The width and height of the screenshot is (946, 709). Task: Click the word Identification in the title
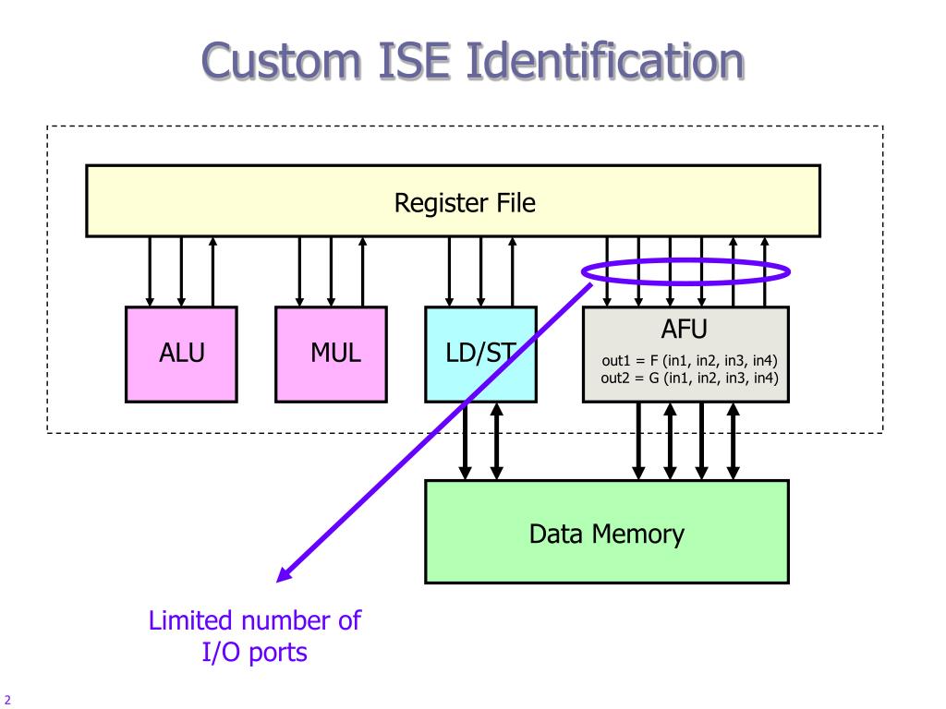pyautogui.click(x=606, y=61)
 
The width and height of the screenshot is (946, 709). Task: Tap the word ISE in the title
pyautogui.click(x=418, y=61)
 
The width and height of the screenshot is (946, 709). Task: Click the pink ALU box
pyautogui.click(x=181, y=354)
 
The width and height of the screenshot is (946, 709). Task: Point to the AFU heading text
pyautogui.click(x=685, y=328)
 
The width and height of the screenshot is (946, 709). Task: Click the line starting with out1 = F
pyautogui.click(x=689, y=362)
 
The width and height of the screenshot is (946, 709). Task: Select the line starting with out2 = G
pyautogui.click(x=689, y=378)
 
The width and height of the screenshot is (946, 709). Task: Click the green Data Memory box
pyautogui.click(x=606, y=533)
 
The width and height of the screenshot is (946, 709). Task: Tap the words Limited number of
pyautogui.click(x=254, y=620)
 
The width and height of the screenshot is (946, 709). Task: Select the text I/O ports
pyautogui.click(x=254, y=652)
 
